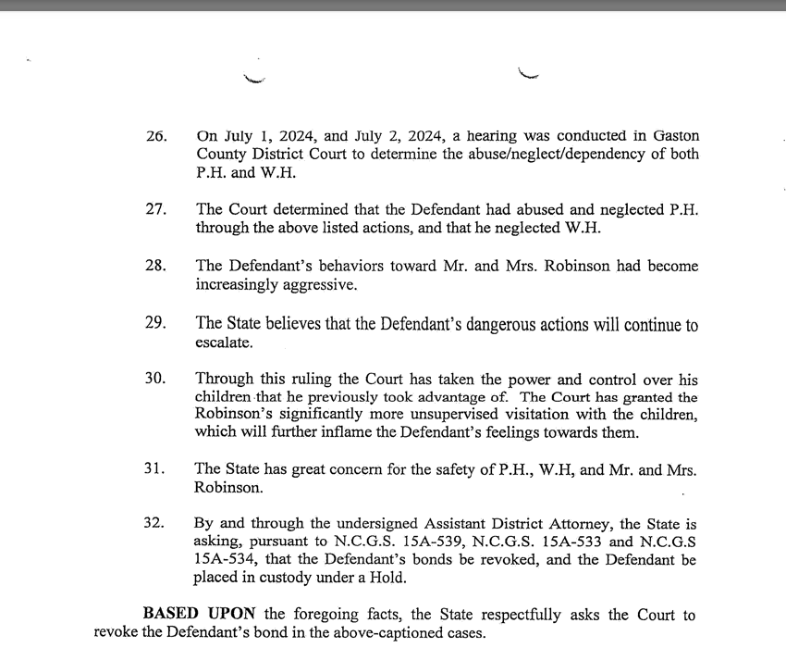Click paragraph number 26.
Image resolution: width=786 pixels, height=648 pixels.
click(156, 136)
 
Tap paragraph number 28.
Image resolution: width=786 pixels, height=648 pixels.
click(156, 266)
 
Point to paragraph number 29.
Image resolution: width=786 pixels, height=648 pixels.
click(156, 323)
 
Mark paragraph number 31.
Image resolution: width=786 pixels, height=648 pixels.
click(156, 469)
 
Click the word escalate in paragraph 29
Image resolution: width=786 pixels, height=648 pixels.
click(223, 342)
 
